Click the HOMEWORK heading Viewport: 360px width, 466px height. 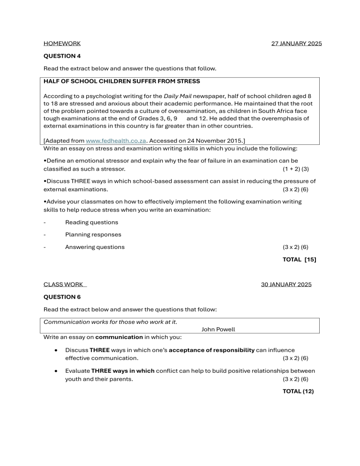click(62, 44)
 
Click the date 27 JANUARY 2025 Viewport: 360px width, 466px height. click(296, 44)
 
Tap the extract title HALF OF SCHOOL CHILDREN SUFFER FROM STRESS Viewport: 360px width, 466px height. click(121, 81)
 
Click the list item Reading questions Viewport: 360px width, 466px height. click(91, 222)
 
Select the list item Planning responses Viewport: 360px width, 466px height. click(93, 234)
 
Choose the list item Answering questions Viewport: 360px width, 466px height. click(95, 247)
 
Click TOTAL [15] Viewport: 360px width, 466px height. click(299, 259)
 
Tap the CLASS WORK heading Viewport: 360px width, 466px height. click(64, 284)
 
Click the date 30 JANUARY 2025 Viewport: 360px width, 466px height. click(286, 284)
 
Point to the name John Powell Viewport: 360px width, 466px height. click(218, 330)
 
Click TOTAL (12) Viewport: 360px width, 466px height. click(298, 391)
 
